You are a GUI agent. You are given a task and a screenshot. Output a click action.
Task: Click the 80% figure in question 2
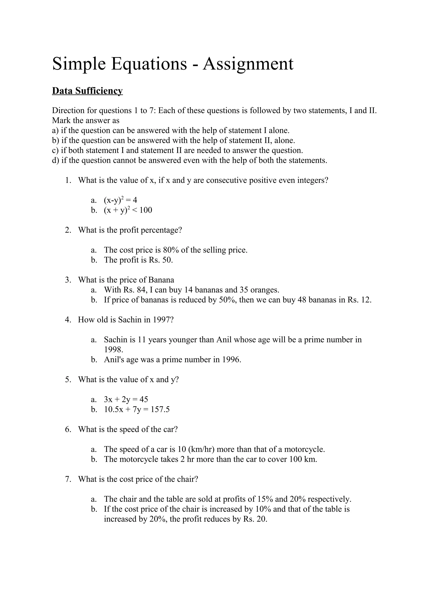pyautogui.click(x=172, y=250)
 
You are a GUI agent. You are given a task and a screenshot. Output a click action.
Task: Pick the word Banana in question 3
pyautogui.click(x=161, y=280)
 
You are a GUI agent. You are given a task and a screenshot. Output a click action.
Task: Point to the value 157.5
pyautogui.click(x=160, y=409)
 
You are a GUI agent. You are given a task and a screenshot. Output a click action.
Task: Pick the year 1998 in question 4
pyautogui.click(x=114, y=350)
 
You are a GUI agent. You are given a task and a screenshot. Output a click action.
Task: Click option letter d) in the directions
pyautogui.click(x=56, y=160)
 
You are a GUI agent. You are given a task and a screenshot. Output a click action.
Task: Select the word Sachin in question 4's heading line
pyautogui.click(x=130, y=320)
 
